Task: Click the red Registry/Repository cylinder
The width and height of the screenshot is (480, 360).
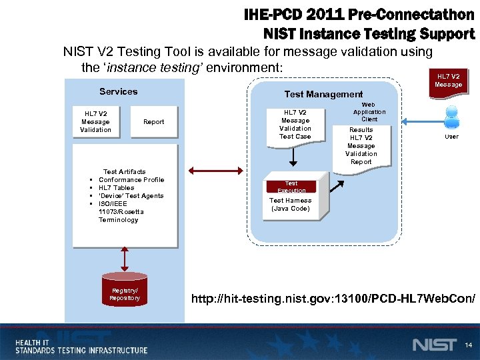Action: coord(125,293)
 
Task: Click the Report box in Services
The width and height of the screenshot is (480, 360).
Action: coord(153,122)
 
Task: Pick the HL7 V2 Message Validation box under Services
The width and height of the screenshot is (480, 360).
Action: coord(95,121)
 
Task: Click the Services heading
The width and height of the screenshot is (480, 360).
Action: coord(118,91)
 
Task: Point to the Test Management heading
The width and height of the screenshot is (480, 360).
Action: coord(323,95)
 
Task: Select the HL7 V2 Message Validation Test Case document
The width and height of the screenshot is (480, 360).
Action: coord(295,124)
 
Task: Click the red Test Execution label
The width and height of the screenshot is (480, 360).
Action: coord(291,187)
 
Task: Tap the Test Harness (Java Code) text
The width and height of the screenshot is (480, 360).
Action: coord(290,204)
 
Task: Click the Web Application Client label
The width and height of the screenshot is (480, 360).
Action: coord(368,112)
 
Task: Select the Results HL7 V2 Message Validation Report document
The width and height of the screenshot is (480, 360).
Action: coord(361,146)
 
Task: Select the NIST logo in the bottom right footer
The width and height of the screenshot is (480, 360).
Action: coord(434,345)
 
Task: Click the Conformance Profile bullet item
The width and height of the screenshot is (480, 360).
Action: coord(131,180)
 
